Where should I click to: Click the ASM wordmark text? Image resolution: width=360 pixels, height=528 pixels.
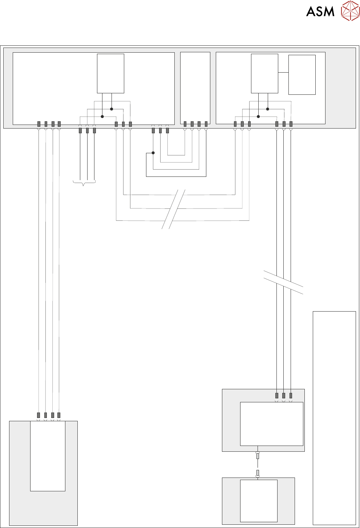[x=320, y=11]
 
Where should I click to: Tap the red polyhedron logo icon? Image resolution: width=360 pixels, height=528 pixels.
[x=350, y=11]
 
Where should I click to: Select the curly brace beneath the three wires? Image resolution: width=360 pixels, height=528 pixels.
[x=84, y=183]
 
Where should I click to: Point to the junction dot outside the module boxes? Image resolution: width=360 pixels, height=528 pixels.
[x=153, y=153]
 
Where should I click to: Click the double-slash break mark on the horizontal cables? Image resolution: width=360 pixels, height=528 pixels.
[x=174, y=209]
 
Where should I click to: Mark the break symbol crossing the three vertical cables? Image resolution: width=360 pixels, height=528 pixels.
[x=283, y=282]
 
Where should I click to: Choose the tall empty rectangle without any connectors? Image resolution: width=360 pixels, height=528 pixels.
[x=334, y=418]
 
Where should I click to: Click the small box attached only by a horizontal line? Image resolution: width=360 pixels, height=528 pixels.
[x=302, y=74]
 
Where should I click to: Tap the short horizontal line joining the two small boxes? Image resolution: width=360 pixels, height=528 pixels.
[x=283, y=73]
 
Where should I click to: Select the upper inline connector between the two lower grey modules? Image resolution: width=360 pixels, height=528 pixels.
[x=258, y=456]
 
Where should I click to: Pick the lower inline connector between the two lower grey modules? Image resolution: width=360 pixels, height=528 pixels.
[x=258, y=472]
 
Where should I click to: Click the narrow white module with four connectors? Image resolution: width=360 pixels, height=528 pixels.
[x=195, y=88]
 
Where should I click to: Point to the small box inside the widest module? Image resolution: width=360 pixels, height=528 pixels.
[x=110, y=73]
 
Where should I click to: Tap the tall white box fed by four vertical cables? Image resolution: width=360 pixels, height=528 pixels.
[x=48, y=456]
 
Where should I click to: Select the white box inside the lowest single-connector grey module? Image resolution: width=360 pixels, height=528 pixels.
[x=259, y=500]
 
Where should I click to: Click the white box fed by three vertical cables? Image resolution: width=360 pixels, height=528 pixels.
[x=271, y=423]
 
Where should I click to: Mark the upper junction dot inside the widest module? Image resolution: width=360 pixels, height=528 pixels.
[x=112, y=109]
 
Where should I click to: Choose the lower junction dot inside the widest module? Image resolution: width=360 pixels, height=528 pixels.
[x=102, y=117]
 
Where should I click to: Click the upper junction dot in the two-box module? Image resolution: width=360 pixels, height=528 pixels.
[x=267, y=109]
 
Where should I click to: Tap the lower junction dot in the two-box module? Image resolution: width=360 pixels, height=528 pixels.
[x=258, y=117]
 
